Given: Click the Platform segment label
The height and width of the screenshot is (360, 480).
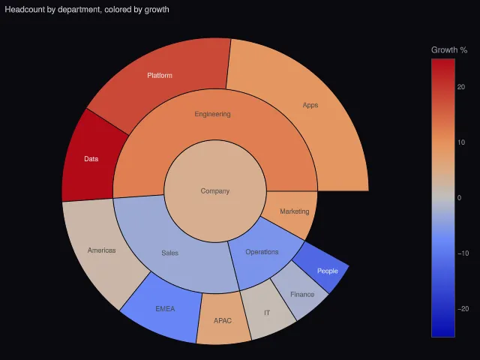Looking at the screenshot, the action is point(160,76).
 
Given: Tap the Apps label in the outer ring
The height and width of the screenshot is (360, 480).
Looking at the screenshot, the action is point(310,105).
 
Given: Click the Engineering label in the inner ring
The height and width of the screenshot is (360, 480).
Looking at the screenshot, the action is point(212,114).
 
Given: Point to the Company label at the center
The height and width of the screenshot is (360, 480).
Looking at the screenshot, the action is point(215,191).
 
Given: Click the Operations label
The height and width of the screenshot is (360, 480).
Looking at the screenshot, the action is point(262,252).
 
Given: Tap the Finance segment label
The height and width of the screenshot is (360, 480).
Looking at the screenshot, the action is point(302,295).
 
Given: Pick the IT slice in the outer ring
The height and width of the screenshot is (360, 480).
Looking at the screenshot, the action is point(267,310).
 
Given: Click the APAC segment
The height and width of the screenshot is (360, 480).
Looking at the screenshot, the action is point(223,318).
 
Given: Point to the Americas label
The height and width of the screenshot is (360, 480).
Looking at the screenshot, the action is point(102,250).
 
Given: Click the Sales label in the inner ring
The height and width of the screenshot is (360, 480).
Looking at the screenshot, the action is point(170,253).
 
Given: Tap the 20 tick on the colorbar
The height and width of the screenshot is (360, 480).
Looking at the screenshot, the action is point(461,87).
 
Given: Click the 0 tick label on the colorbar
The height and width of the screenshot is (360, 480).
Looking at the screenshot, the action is point(459,198).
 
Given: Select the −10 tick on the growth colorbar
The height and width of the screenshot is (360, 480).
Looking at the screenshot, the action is point(463,253).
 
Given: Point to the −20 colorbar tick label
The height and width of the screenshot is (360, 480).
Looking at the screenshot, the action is point(463,309).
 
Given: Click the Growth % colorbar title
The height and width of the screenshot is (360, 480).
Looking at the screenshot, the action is point(449,50).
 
